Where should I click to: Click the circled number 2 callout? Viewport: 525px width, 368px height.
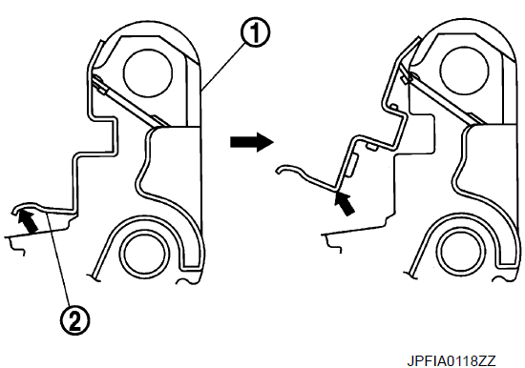point(75,320)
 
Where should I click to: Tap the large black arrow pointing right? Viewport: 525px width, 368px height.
point(252,142)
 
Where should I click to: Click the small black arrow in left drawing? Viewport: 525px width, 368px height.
point(28,221)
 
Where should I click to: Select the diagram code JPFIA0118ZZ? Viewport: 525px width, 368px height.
point(451,360)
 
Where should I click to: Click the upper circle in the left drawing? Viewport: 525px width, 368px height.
point(148,72)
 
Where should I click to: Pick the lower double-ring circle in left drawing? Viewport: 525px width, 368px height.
point(144,253)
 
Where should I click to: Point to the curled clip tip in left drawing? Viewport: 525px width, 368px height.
point(14,211)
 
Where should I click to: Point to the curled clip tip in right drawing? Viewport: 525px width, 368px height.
point(279,171)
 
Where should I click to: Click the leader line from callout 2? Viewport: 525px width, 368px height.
point(59,259)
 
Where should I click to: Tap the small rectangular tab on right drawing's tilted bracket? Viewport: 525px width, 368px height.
point(351,165)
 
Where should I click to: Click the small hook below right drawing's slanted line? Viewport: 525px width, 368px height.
point(333,245)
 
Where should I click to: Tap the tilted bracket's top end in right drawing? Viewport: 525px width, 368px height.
point(418,39)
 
